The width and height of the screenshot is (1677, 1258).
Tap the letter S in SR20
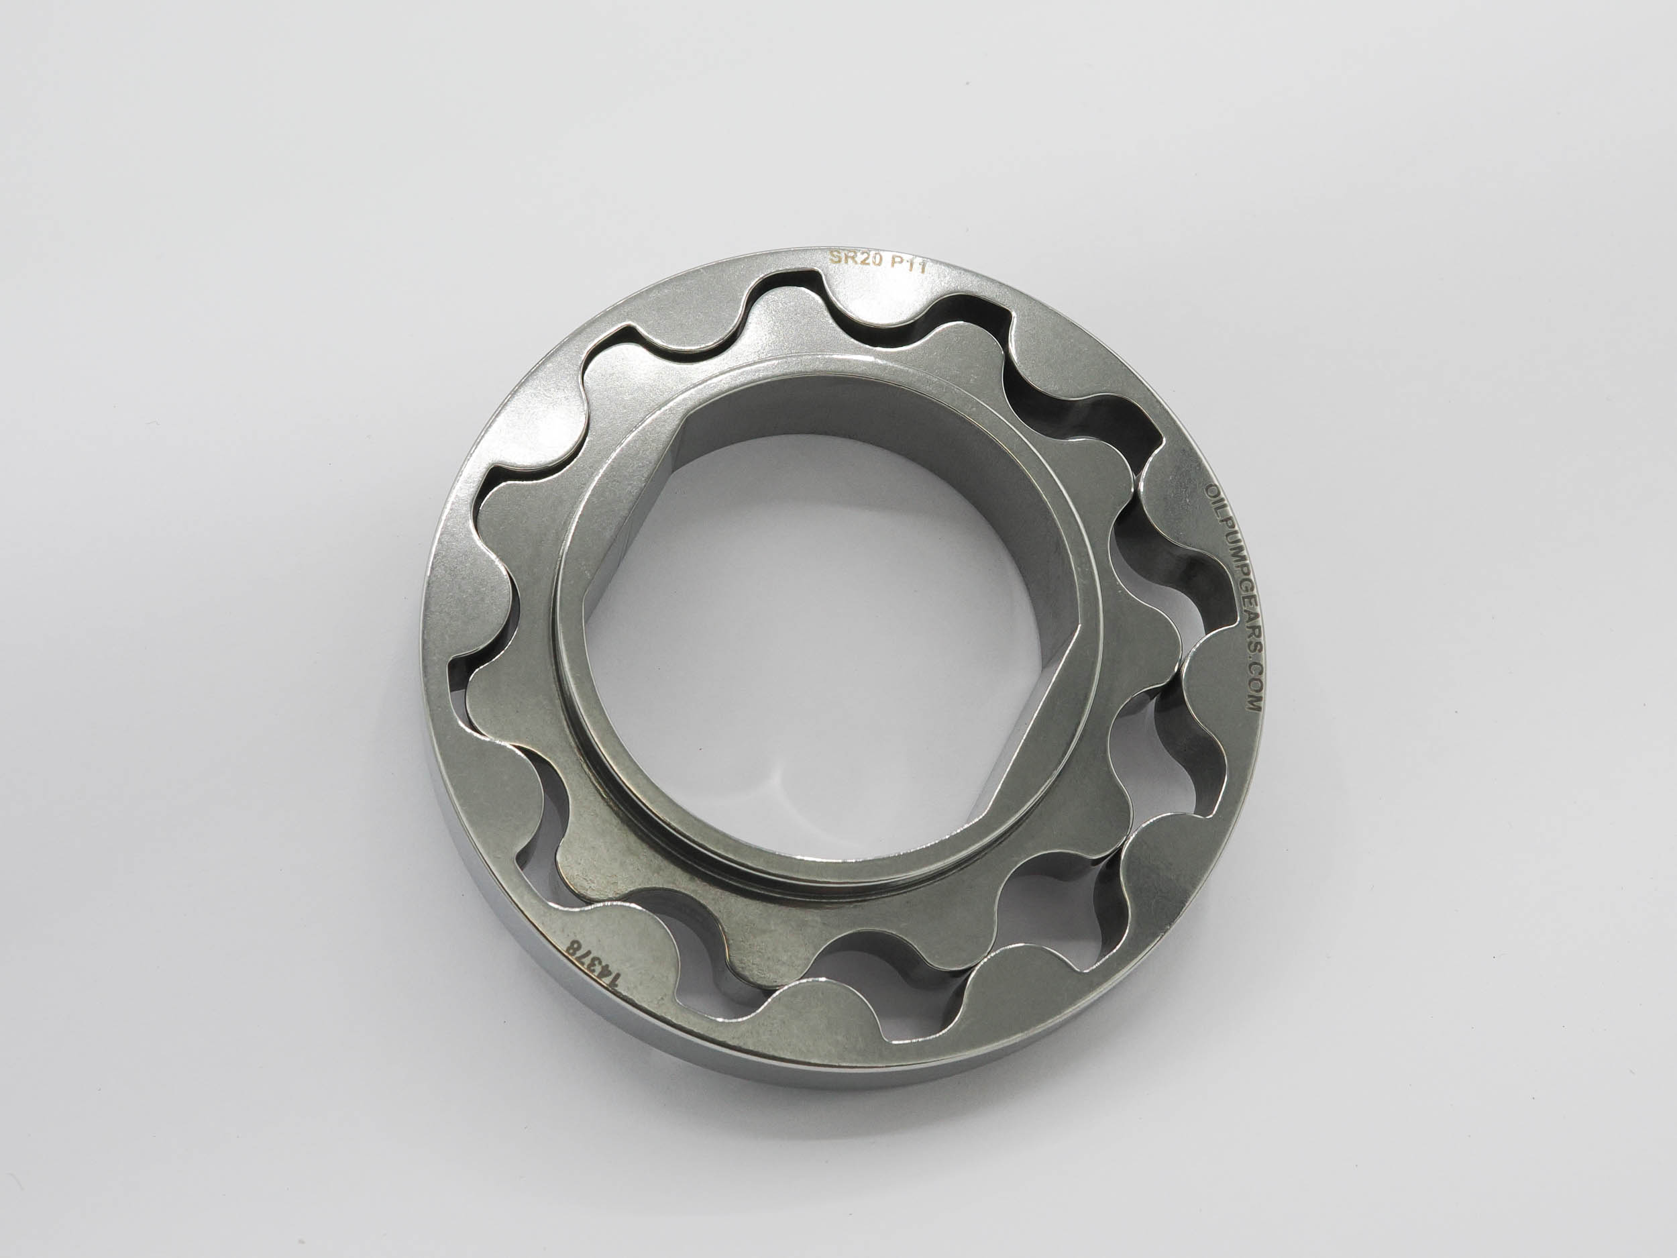point(834,256)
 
